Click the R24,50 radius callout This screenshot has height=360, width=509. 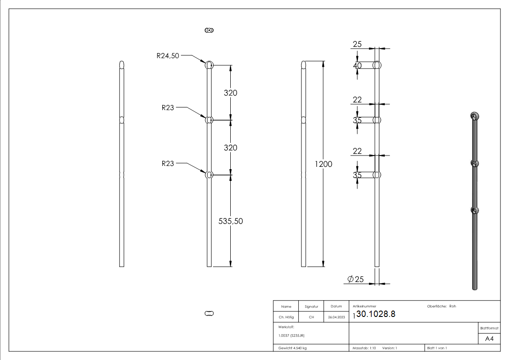[x=168, y=56]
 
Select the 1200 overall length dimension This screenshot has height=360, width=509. [x=324, y=164]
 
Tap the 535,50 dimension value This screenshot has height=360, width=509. [x=231, y=221]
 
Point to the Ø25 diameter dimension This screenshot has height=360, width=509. [x=356, y=279]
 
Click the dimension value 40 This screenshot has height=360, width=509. [x=358, y=66]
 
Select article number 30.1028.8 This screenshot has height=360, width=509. [x=376, y=315]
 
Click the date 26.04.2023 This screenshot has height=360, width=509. [x=336, y=317]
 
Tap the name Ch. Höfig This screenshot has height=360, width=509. [x=286, y=317]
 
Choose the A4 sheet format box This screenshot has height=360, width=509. [x=489, y=339]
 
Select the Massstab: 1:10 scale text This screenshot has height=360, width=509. [x=364, y=348]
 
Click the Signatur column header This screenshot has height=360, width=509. [x=311, y=306]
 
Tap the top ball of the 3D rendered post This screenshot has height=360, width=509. [x=474, y=116]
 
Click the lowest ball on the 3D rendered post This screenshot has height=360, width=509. [x=474, y=210]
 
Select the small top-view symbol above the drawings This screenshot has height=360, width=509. [x=209, y=30]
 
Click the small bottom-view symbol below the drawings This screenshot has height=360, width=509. [x=209, y=313]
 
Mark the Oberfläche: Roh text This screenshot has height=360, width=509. [x=441, y=306]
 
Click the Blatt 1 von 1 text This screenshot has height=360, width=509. [x=436, y=348]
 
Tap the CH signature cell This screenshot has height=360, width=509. [x=311, y=317]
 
